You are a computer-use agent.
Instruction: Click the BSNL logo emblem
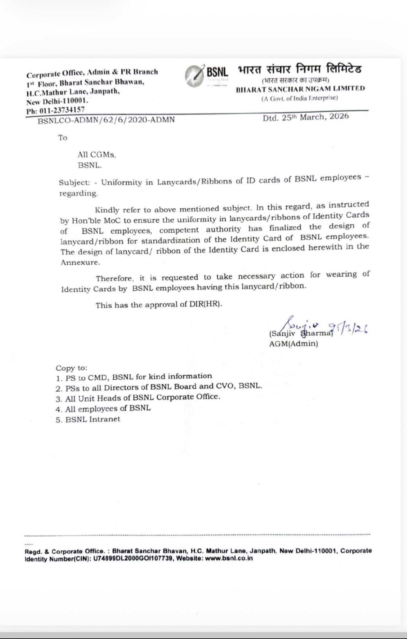tap(194, 76)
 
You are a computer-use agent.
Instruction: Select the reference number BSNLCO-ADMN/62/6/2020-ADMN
tap(106, 120)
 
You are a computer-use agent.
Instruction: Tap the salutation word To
tap(63, 138)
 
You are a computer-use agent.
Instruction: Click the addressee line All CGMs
tap(97, 155)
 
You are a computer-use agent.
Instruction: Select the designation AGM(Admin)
tap(293, 344)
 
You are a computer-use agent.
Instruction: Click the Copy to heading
tap(71, 368)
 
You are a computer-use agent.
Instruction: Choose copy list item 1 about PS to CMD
tap(134, 377)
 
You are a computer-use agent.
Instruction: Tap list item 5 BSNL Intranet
tap(88, 419)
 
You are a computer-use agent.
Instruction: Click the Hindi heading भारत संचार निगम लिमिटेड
tap(300, 69)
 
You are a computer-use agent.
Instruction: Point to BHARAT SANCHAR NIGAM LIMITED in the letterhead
tap(300, 89)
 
